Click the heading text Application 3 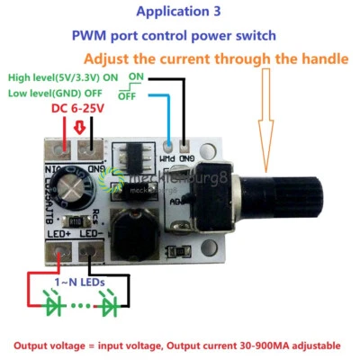pyautogui.click(x=177, y=13)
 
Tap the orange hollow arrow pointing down pyautogui.click(x=266, y=117)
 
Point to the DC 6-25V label pyautogui.click(x=78, y=108)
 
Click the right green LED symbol pyautogui.click(x=110, y=307)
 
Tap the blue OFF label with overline pyautogui.click(x=127, y=94)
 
